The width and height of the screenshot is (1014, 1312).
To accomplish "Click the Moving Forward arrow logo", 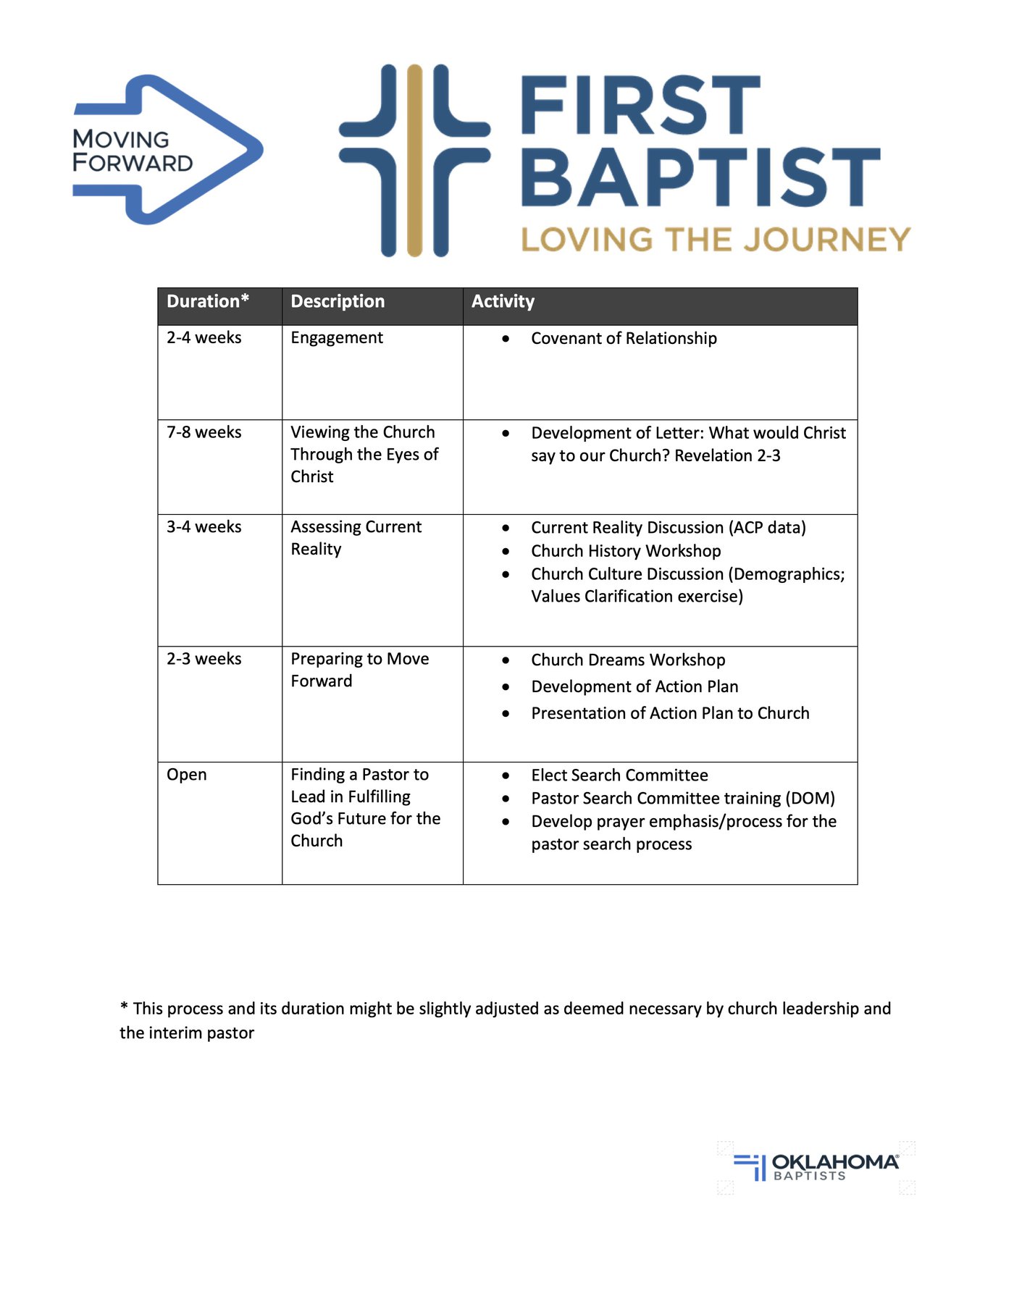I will pos(167,150).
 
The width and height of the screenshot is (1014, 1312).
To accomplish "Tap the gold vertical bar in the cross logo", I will pos(414,160).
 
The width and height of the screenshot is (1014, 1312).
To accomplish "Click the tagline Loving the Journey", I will pos(715,240).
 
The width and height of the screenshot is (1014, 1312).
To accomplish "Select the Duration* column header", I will pos(208,302).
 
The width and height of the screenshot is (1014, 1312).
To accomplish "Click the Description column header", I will pos(338,302).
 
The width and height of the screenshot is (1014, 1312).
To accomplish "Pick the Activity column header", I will pos(503,302).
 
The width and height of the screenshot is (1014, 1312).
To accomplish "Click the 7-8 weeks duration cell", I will pos(204,432).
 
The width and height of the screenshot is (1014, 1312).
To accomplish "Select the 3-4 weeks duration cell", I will pos(204,527).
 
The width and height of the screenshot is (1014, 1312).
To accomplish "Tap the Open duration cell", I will pos(187,775).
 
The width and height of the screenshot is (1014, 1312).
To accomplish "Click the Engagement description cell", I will pos(337,338).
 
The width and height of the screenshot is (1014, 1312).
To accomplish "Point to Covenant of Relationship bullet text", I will pos(624,339).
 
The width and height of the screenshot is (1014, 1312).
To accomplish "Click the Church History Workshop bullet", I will pos(626,551).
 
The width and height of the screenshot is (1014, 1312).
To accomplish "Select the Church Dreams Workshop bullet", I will pos(628,660).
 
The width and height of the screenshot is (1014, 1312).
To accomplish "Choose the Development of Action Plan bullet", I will pos(634,687).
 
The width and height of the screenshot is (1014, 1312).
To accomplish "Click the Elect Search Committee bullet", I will pos(619,775).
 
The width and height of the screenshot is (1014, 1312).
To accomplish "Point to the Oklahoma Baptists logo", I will pos(816,1166).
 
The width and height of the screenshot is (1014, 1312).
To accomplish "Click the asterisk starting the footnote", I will pos(125,1007).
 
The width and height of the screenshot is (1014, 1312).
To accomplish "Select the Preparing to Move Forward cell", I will pos(359,670).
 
